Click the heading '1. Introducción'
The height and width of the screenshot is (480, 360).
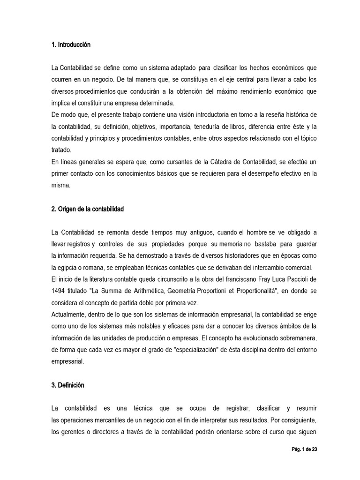[71, 45]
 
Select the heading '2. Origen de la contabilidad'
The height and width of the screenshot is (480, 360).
[88, 209]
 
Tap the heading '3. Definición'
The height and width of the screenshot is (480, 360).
[68, 385]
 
